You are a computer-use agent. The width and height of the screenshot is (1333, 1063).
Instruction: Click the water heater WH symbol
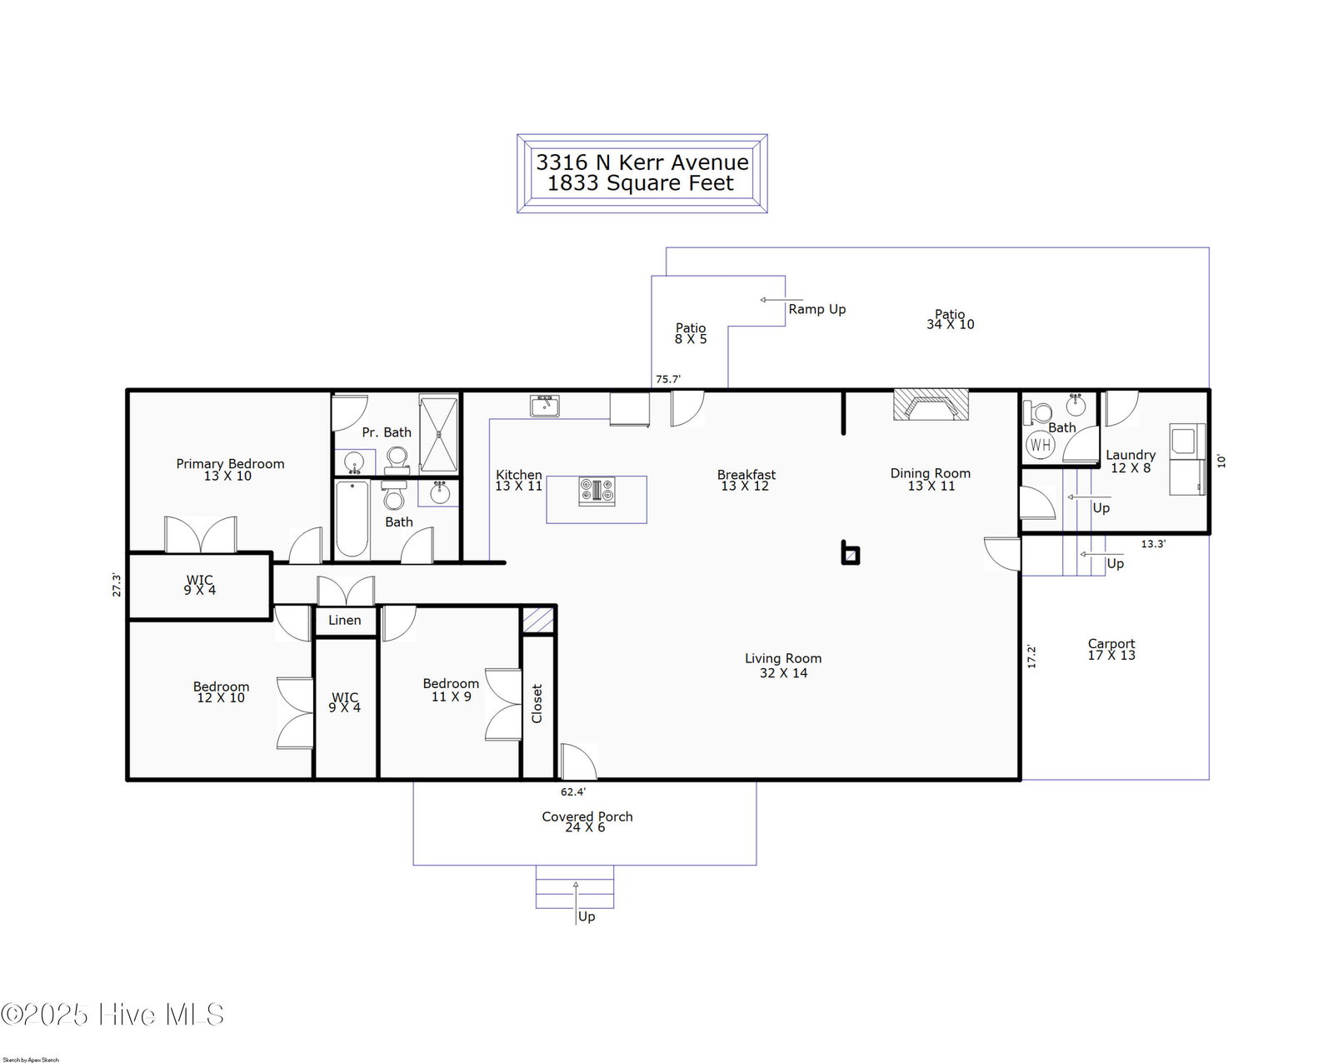pyautogui.click(x=1041, y=444)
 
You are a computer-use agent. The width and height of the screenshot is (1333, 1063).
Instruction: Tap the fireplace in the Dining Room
pyautogui.click(x=931, y=405)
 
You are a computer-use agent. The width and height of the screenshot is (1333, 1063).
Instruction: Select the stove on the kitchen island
pyautogui.click(x=597, y=492)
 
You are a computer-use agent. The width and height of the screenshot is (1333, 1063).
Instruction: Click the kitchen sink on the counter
pyautogui.click(x=545, y=406)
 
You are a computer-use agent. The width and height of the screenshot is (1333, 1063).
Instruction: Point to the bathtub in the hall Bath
pyautogui.click(x=352, y=519)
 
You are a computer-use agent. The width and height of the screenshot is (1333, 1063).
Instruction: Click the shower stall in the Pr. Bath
pyautogui.click(x=438, y=434)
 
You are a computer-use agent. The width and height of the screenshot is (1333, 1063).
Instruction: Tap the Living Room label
pyautogui.click(x=783, y=666)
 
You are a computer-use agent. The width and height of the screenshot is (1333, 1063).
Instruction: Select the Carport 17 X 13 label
pyautogui.click(x=1111, y=649)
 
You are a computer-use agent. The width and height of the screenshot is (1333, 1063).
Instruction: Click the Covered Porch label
pyautogui.click(x=587, y=816)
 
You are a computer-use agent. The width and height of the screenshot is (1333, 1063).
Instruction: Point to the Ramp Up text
pyautogui.click(x=817, y=309)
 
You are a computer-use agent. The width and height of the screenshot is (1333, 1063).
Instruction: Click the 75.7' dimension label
pyautogui.click(x=667, y=379)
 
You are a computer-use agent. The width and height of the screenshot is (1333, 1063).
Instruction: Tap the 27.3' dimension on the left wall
pyautogui.click(x=117, y=585)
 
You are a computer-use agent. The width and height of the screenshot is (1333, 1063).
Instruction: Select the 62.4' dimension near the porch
pyautogui.click(x=573, y=791)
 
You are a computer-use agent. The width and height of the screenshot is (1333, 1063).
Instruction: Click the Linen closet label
pyautogui.click(x=344, y=620)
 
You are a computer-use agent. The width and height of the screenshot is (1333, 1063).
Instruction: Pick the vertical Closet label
pyautogui.click(x=537, y=703)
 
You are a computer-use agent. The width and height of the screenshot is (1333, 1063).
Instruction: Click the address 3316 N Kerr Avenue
pyautogui.click(x=642, y=162)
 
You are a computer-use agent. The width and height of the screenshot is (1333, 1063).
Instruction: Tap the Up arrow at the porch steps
pyautogui.click(x=576, y=903)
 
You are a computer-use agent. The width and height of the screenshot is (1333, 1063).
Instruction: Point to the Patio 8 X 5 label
pyautogui.click(x=691, y=332)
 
